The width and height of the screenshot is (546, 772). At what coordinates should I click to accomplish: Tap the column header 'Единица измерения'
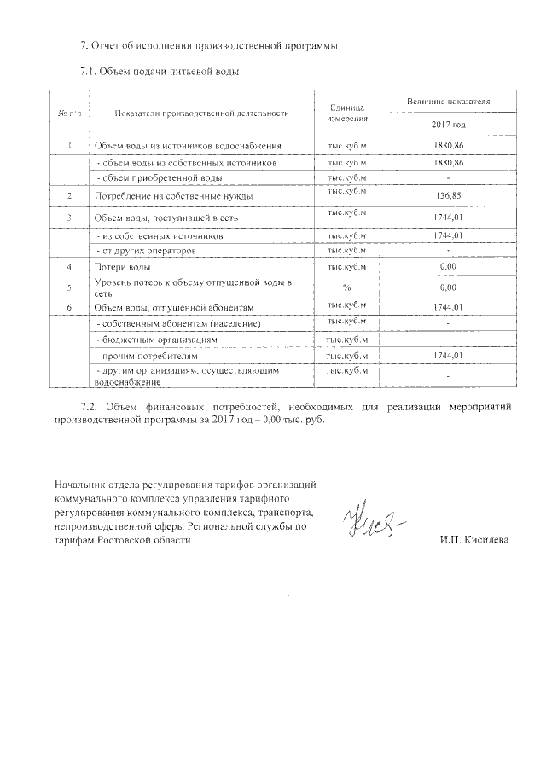click(x=346, y=113)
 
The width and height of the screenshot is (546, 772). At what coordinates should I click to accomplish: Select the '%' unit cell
click(x=346, y=287)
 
